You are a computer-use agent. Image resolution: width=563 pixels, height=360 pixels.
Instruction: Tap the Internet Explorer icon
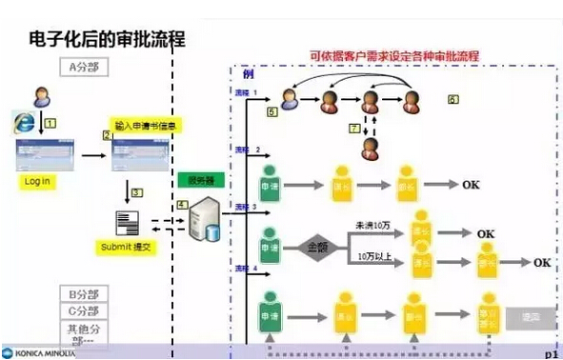click(x=24, y=122)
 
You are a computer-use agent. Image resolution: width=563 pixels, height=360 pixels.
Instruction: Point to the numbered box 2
click(x=108, y=135)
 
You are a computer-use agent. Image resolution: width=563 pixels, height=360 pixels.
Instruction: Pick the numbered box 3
click(x=137, y=192)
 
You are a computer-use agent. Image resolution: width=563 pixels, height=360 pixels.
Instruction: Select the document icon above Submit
click(x=128, y=223)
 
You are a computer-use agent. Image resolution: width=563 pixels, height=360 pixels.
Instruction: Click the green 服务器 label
click(x=201, y=179)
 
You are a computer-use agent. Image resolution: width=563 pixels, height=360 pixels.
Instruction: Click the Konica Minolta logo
click(x=38, y=351)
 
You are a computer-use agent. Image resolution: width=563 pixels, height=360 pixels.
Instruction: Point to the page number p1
click(x=550, y=351)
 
